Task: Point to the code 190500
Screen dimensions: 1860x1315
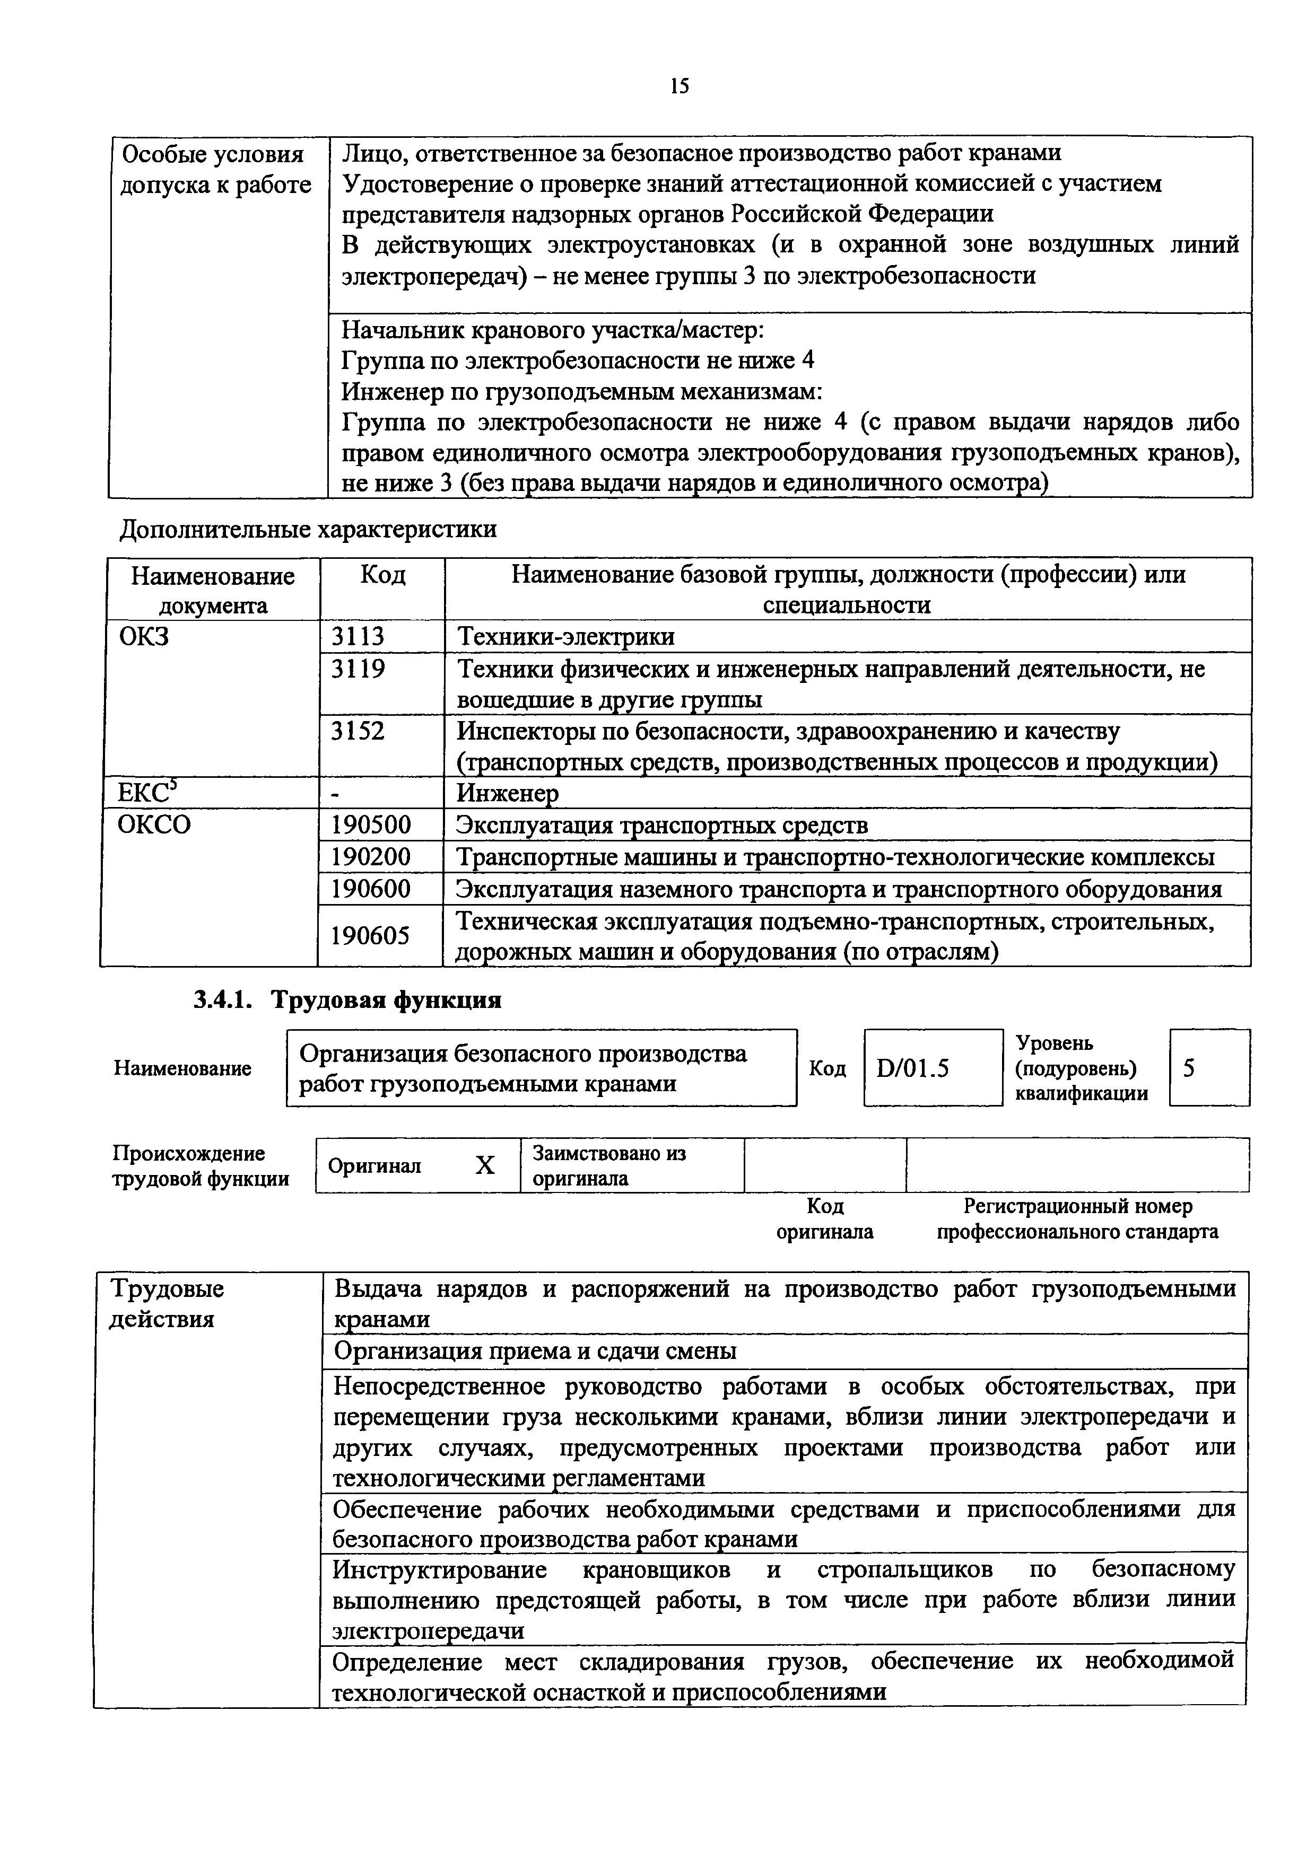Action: (371, 826)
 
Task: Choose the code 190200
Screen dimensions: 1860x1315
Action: (371, 857)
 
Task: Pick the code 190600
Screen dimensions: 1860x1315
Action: (371, 890)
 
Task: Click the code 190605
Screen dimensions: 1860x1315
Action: (371, 936)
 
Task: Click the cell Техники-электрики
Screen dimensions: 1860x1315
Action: (565, 637)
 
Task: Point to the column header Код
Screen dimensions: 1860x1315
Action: (382, 576)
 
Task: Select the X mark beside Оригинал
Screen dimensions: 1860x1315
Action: (484, 1165)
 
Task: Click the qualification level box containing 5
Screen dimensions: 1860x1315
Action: (1208, 1068)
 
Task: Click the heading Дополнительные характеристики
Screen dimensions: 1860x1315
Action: (308, 530)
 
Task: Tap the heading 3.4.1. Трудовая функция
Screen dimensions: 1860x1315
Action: (347, 999)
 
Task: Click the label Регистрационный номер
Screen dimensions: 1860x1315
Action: (1077, 1206)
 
